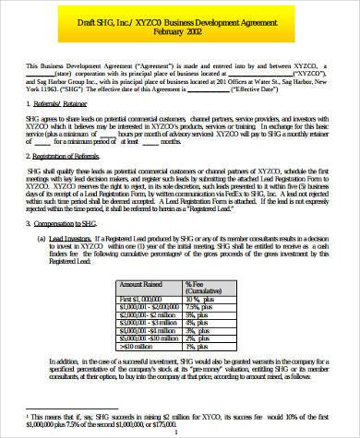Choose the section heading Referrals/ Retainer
(x=76, y=106)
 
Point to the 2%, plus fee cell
(x=201, y=337)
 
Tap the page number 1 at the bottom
(x=179, y=432)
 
